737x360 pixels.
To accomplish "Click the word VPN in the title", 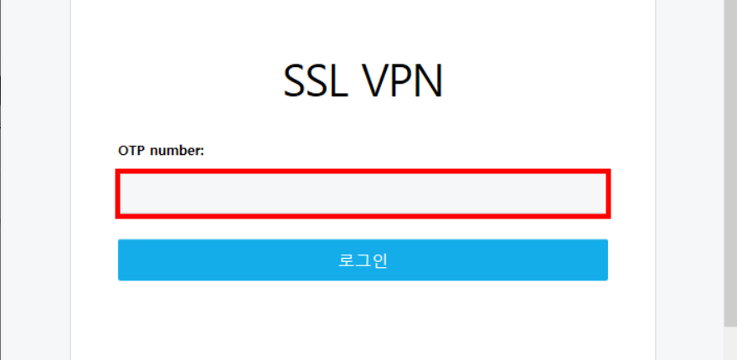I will (403, 81).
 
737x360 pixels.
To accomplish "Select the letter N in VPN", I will (428, 81).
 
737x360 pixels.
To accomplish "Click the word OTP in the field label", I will (130, 151).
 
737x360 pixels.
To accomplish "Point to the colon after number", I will (202, 152).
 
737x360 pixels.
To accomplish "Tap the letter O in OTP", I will (123, 151).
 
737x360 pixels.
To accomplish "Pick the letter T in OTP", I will (131, 151).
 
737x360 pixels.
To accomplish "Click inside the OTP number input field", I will (363, 193).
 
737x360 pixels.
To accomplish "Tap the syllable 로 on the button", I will (346, 260).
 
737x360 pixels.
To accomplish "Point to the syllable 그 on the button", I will (363, 260).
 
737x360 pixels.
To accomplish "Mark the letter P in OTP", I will (138, 151).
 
